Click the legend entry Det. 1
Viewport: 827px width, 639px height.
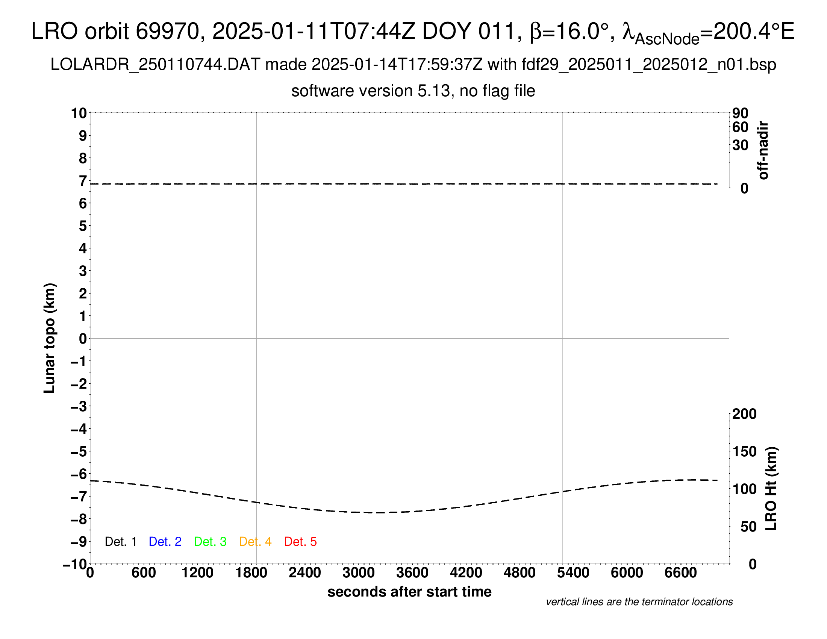click(120, 542)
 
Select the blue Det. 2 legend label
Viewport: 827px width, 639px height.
click(165, 542)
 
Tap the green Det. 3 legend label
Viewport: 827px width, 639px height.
click(210, 542)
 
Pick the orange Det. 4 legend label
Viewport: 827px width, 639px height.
click(255, 542)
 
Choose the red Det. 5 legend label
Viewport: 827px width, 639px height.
click(300, 542)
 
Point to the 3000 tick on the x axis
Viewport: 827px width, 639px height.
click(358, 572)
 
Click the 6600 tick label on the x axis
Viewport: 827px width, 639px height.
click(680, 572)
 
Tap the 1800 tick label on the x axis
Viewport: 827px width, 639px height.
click(251, 572)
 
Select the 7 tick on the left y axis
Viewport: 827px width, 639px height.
click(83, 181)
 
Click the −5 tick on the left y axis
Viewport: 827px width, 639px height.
click(79, 451)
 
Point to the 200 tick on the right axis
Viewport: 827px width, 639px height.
click(744, 414)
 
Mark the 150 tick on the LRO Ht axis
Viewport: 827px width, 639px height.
click(744, 451)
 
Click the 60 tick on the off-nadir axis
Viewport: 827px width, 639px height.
click(740, 127)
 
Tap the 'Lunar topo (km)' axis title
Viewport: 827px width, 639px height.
click(50, 338)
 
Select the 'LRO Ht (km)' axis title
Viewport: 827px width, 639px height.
click(771, 489)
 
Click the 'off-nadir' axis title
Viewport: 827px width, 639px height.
click(763, 150)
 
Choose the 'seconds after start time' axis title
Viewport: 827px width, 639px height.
click(409, 592)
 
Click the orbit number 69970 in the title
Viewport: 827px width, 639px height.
click(167, 31)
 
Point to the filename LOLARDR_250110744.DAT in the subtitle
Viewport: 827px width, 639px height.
click(155, 65)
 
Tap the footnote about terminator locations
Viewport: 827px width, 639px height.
click(639, 602)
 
